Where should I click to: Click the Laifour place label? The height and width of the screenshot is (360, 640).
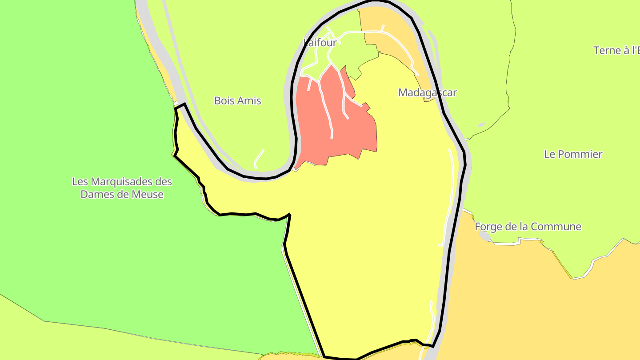coord(320,42)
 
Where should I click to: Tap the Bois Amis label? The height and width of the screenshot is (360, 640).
coord(238,100)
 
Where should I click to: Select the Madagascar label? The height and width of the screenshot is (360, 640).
coord(427,92)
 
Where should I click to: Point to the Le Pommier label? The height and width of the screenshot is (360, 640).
coord(573,154)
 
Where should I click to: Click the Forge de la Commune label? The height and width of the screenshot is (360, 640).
coord(528,227)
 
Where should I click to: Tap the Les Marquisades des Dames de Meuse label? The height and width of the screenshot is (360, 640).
coord(122,188)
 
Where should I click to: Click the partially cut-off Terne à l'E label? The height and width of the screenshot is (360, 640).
coord(616,50)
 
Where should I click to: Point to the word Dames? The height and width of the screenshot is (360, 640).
coord(94,194)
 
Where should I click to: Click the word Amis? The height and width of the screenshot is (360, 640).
coord(250,100)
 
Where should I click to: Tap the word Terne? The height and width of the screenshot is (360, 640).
coord(607,50)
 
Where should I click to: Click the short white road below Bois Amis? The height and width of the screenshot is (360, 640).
coord(258,157)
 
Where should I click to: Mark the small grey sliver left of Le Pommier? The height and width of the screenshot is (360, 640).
coord(482,125)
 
